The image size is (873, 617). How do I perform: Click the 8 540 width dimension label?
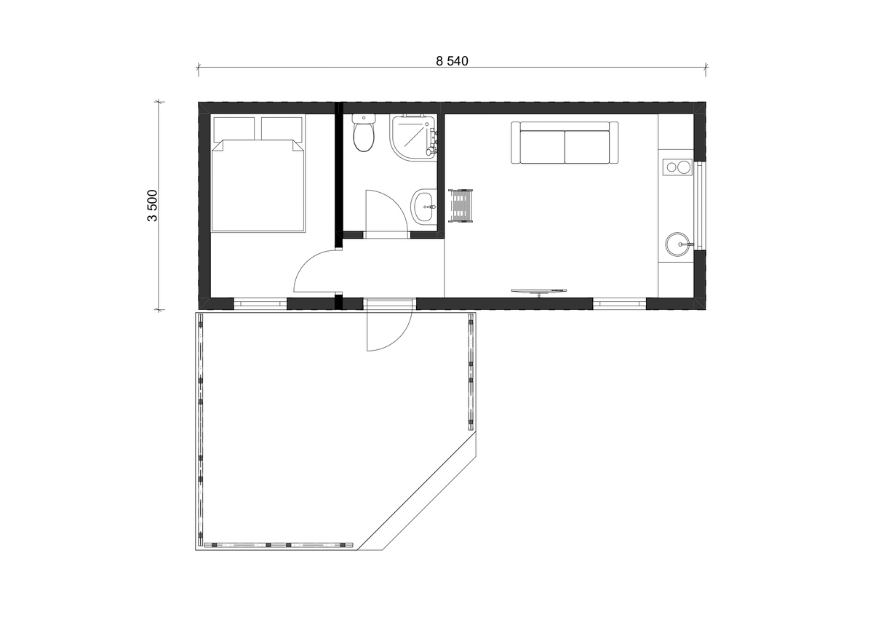452,61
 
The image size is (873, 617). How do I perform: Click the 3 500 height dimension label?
152,205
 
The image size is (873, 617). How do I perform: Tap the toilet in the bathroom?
364,132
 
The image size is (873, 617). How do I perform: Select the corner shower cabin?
413,137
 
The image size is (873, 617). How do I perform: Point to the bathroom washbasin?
423,207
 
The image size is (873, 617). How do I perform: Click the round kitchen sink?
679,244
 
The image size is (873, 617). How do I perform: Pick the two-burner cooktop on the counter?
677,167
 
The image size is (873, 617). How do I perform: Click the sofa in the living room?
565,143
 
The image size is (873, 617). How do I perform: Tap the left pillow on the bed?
234,129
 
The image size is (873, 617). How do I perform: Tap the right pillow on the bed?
282,129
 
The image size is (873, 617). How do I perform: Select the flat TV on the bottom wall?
539,291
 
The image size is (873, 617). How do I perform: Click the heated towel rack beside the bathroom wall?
461,206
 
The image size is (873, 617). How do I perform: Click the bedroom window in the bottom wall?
260,303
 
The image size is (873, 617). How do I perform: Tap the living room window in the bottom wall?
620,303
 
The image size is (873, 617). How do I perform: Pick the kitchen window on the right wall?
701,205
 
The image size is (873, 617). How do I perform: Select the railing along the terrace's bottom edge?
278,544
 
